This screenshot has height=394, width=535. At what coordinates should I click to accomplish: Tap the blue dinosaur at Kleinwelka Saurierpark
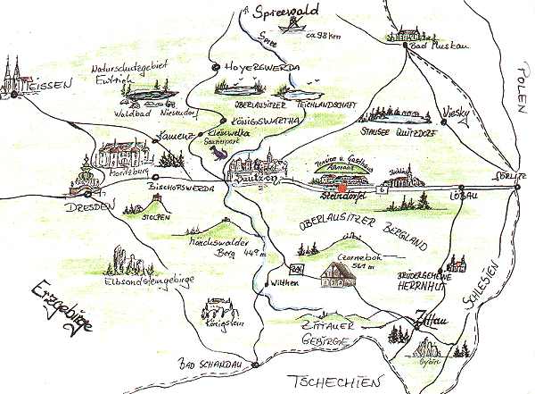tap(218, 154)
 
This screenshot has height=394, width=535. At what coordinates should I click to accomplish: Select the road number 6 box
tap(382, 190)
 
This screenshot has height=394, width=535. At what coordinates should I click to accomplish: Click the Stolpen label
tap(155, 215)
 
